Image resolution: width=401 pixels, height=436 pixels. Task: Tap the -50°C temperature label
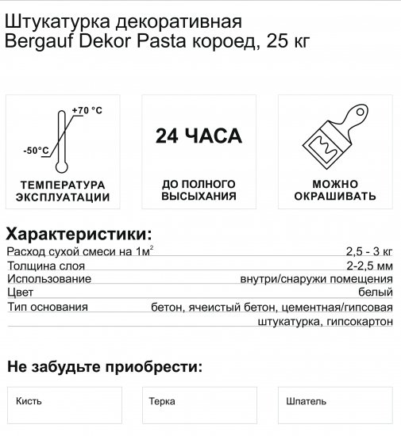pos(36,149)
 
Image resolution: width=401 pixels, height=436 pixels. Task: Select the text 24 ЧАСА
pos(199,136)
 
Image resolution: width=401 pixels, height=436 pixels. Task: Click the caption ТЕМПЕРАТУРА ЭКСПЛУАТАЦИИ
pos(64,191)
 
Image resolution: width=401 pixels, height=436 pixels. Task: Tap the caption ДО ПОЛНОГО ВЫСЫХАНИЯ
pos(199,191)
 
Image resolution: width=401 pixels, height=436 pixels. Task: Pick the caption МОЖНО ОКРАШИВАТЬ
pos(334,191)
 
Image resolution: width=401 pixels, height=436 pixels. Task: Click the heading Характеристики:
pos(78,234)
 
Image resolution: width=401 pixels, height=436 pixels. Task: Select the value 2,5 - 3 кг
pos(369,251)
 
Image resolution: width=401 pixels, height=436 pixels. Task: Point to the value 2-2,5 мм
pos(369,266)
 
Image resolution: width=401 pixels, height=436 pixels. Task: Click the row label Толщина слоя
pos(42,266)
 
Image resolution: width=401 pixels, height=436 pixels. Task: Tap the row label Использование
pos(48,279)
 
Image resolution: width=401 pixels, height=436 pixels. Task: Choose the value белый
pos(378,293)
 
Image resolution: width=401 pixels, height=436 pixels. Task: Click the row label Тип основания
pos(47,307)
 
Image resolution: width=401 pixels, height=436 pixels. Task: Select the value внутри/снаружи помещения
pos(316,279)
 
